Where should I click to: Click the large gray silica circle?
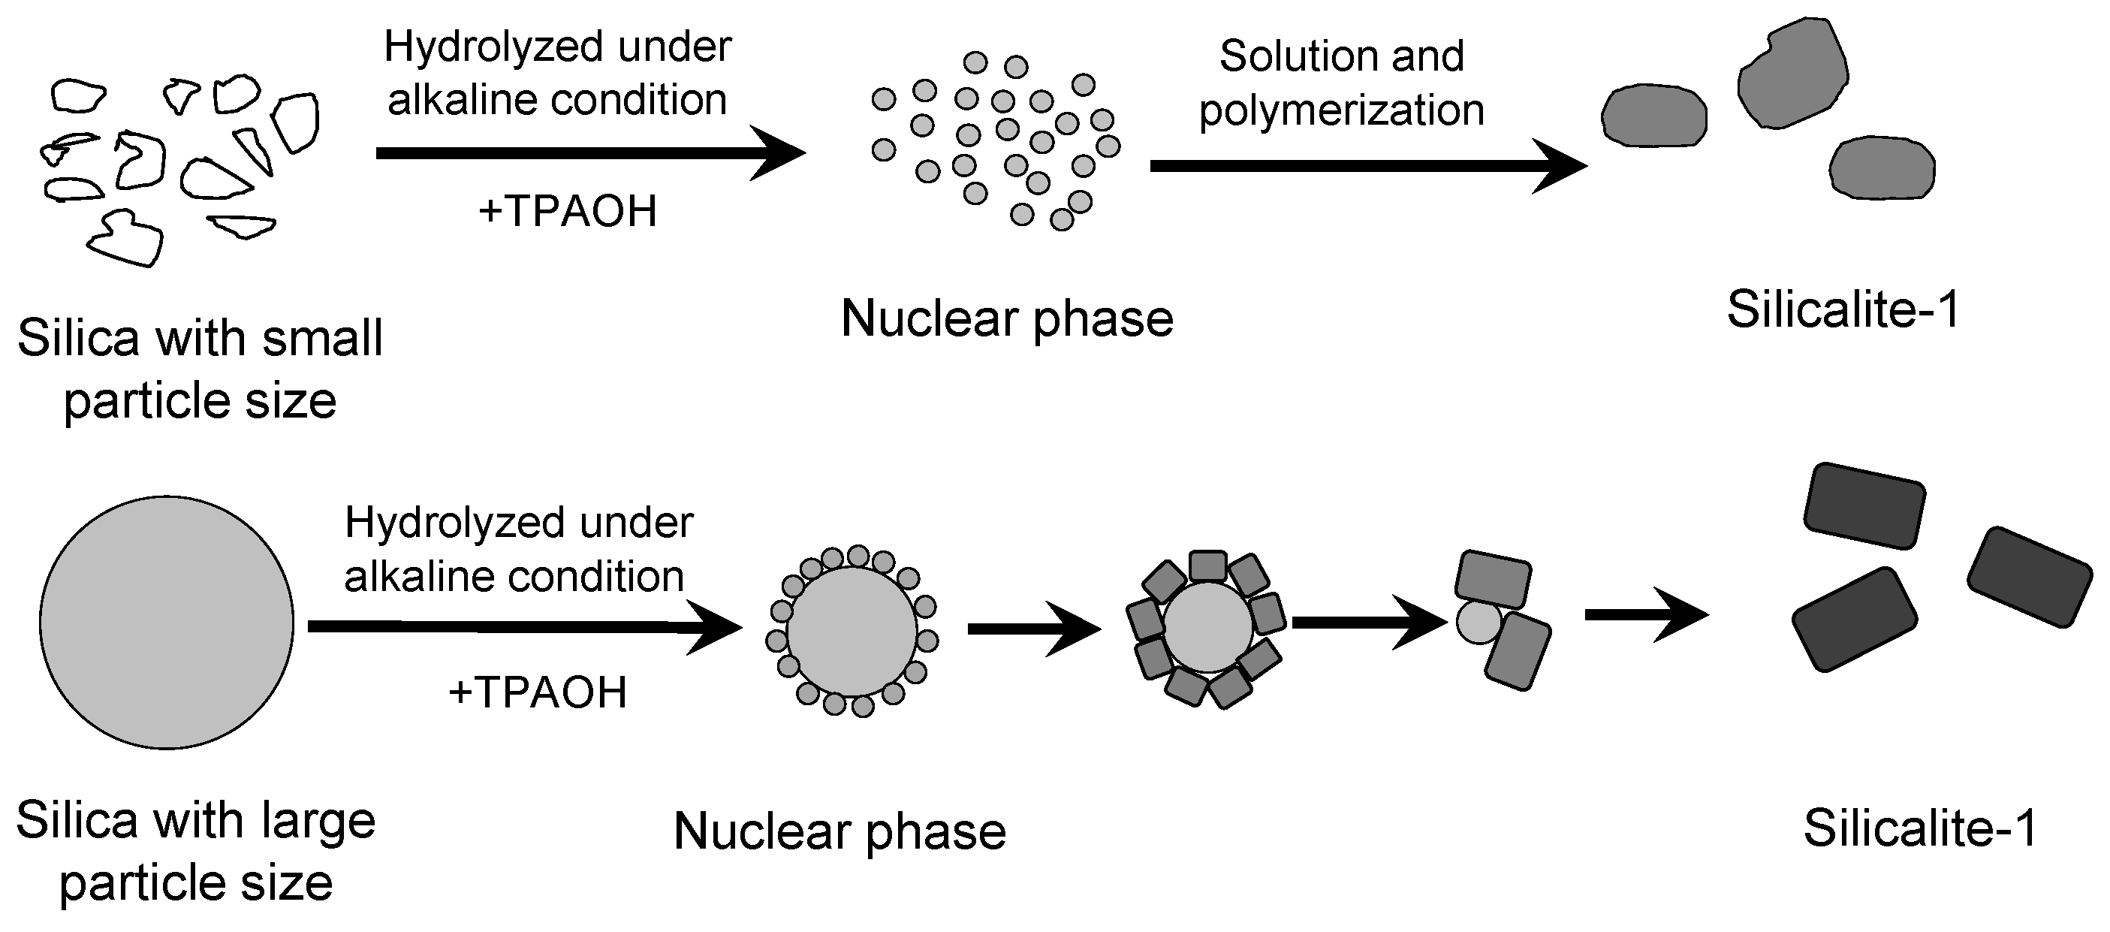pyautogui.click(x=166, y=623)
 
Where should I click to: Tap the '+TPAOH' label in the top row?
pyautogui.click(x=568, y=211)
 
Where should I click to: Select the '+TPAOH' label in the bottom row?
pyautogui.click(x=538, y=693)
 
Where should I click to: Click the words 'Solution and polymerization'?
pyautogui.click(x=1342, y=83)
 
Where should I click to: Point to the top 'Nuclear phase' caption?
pyautogui.click(x=1007, y=318)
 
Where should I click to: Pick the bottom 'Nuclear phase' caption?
pyautogui.click(x=839, y=832)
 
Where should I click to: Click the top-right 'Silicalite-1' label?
pyautogui.click(x=1843, y=310)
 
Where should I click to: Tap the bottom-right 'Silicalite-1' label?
pyautogui.click(x=1920, y=829)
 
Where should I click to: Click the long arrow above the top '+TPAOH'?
pyautogui.click(x=589, y=153)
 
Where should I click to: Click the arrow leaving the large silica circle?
pyautogui.click(x=524, y=627)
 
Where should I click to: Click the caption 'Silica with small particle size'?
pyautogui.click(x=200, y=369)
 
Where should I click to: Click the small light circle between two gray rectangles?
pyautogui.click(x=1479, y=623)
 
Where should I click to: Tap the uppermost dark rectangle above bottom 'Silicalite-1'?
pyautogui.click(x=1864, y=505)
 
